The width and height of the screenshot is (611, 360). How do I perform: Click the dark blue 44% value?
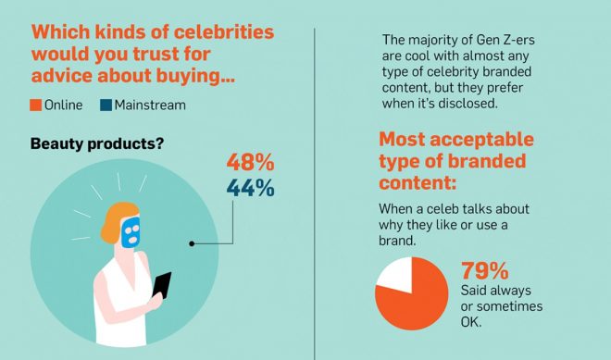tap(251, 188)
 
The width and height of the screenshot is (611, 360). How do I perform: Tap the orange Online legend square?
tap(36, 105)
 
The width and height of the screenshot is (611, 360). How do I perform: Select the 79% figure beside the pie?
tap(485, 272)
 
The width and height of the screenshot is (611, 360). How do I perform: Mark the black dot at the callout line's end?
tap(191, 244)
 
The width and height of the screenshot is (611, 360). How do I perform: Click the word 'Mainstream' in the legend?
tap(150, 105)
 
